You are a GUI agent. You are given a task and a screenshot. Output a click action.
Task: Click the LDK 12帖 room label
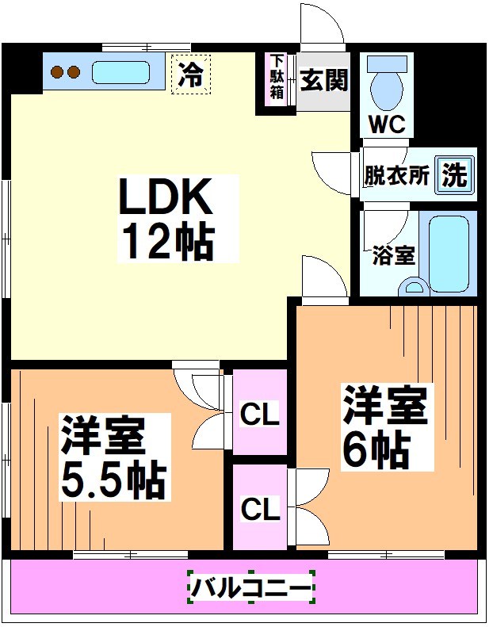point(166,220)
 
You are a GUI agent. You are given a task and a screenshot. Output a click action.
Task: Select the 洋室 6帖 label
point(385,426)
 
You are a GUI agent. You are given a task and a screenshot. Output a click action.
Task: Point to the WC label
point(387,124)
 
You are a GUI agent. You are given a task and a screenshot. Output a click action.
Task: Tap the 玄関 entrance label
point(324,80)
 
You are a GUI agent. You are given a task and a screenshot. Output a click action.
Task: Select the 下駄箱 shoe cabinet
point(277,78)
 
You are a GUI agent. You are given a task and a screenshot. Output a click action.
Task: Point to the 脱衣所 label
point(396,176)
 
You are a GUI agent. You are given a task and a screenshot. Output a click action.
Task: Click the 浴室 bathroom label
point(393,256)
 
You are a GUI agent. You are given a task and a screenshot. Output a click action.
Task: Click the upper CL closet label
point(260,415)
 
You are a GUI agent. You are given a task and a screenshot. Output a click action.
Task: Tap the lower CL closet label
point(260,509)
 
